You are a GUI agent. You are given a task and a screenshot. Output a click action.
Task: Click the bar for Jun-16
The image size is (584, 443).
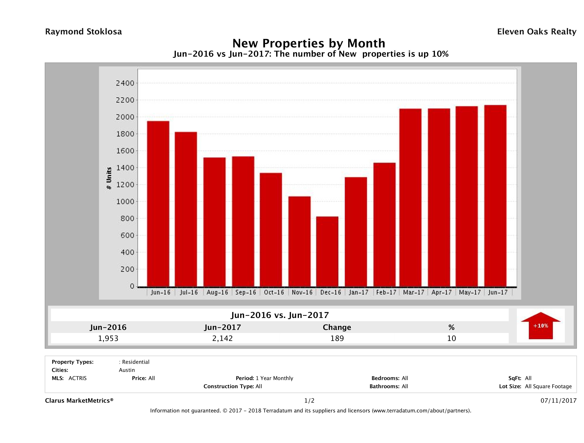pyautogui.click(x=158, y=204)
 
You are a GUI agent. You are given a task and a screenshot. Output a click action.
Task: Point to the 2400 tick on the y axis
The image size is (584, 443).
pyautogui.click(x=125, y=83)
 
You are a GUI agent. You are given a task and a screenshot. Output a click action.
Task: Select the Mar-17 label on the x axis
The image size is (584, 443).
pyautogui.click(x=414, y=292)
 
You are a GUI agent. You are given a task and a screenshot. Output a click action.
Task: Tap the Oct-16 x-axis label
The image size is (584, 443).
pyautogui.click(x=274, y=292)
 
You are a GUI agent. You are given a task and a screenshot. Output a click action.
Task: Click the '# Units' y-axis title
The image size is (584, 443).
pyautogui.click(x=109, y=178)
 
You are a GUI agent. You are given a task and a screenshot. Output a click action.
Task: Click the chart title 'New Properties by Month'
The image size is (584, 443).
pyautogui.click(x=309, y=43)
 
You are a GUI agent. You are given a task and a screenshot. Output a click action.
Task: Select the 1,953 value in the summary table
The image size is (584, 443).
pyautogui.click(x=108, y=338)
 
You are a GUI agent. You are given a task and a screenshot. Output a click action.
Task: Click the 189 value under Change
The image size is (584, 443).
pyautogui.click(x=337, y=338)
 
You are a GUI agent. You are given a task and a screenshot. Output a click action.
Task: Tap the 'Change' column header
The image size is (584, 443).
pyautogui.click(x=337, y=327)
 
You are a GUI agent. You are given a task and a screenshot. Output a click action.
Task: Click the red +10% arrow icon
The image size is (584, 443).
pyautogui.click(x=540, y=326)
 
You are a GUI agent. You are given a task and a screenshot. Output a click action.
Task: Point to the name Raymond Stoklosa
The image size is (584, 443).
pyautogui.click(x=83, y=32)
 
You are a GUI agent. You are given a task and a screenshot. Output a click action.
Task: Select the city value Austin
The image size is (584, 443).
pyautogui.click(x=127, y=370)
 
